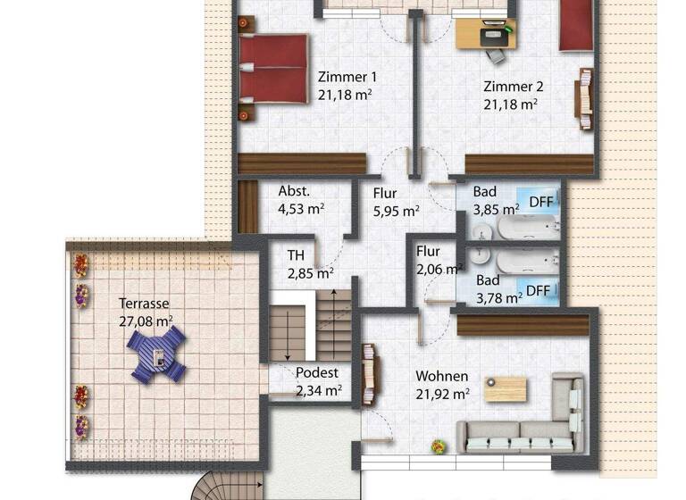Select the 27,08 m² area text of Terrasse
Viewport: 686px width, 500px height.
coord(146,321)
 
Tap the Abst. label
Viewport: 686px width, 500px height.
coord(294,191)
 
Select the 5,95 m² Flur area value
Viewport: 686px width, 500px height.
coord(397,212)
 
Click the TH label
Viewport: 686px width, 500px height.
coord(296,255)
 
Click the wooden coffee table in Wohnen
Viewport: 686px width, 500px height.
coord(506,389)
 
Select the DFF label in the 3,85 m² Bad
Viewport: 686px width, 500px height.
coord(540,203)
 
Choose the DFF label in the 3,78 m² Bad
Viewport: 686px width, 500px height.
coord(538,290)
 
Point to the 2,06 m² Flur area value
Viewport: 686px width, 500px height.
coord(439,268)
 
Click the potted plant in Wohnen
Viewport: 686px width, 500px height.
coord(438,446)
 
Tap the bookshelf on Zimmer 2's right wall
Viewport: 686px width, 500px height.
coord(585,99)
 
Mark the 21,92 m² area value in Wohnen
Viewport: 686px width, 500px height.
coord(442,393)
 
